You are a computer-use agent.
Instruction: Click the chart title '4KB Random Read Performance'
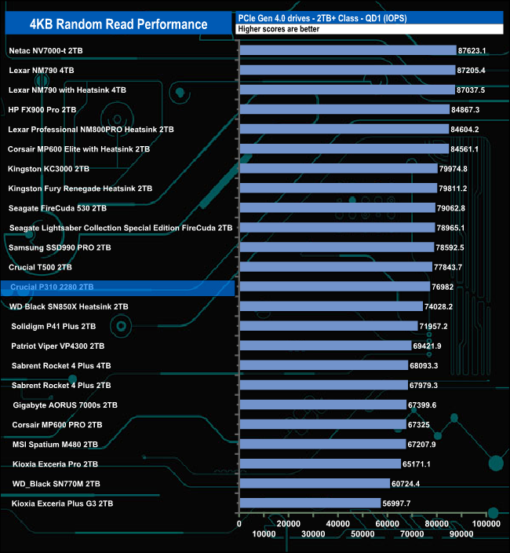tap(118, 24)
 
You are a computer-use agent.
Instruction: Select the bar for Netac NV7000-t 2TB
tap(347, 50)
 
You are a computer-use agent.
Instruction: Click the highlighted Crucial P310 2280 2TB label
tap(53, 287)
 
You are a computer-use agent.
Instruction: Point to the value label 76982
tap(445, 287)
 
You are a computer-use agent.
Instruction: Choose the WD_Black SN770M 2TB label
tap(53, 483)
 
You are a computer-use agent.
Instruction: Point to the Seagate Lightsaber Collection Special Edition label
tap(121, 228)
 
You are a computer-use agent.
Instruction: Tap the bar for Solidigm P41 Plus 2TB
tap(328, 326)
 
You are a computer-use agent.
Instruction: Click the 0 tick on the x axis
tap(239, 523)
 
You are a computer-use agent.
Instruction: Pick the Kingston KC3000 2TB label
tap(49, 168)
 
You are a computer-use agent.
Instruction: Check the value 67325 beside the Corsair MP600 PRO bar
tap(420, 424)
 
